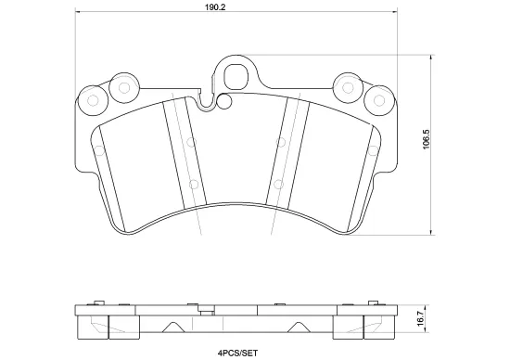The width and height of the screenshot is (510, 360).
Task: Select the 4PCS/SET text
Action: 236,353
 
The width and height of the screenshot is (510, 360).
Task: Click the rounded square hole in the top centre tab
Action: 236,72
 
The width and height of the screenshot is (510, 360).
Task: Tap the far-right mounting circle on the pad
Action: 378,97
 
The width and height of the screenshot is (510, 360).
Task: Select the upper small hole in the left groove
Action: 190,142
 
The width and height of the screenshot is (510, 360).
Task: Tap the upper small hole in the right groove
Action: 280,142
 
